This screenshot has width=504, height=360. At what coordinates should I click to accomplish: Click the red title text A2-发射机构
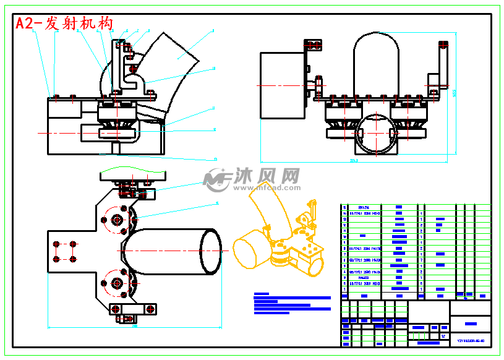(x=64, y=24)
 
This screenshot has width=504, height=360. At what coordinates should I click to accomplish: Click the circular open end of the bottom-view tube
(x=210, y=252)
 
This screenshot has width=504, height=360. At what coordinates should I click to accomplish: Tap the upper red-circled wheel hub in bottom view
(x=117, y=220)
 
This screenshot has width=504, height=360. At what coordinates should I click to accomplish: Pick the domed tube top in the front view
(x=378, y=53)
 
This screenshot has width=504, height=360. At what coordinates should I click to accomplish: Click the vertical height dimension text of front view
(x=454, y=93)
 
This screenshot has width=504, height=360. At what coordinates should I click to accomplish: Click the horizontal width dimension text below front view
(x=354, y=161)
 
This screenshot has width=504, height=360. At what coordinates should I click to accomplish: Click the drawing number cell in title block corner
(x=471, y=340)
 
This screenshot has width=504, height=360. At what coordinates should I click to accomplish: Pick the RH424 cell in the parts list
(x=363, y=208)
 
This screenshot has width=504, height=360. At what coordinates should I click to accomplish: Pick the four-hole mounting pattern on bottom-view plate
(x=64, y=251)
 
